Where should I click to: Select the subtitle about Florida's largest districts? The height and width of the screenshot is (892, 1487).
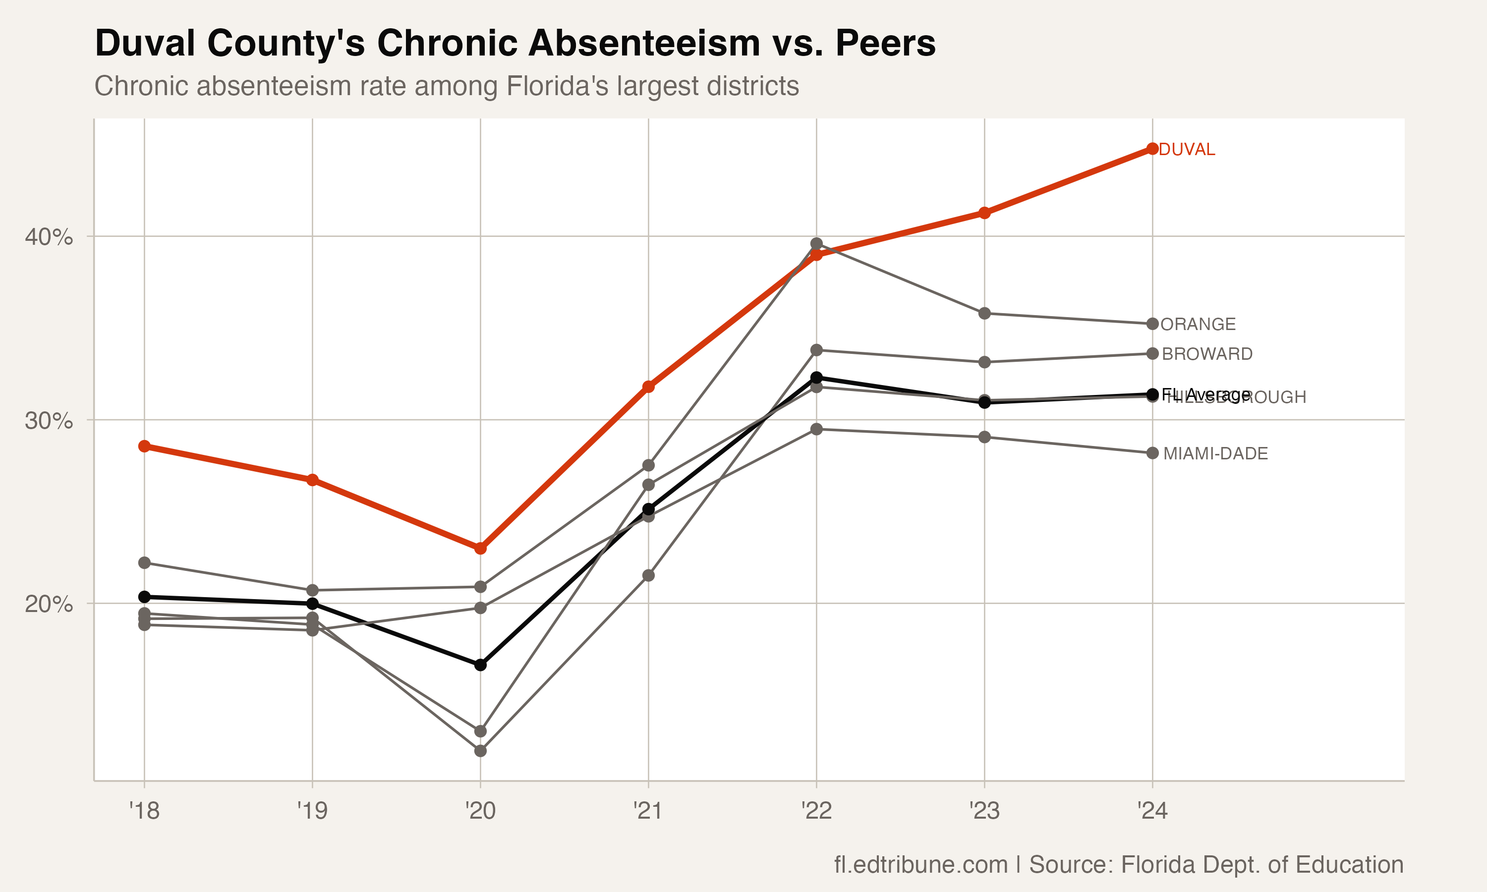pos(447,86)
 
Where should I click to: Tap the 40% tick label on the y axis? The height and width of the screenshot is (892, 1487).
pos(49,237)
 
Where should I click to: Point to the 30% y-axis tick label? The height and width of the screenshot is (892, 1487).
pos(49,421)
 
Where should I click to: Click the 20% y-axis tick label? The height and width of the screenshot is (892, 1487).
pos(49,604)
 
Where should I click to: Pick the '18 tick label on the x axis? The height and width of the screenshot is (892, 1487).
pos(144,811)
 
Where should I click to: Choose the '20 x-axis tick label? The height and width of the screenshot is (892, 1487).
pos(480,811)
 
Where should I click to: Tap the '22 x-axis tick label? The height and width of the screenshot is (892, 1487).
pos(816,811)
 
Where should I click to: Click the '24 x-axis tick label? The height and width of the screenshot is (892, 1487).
pos(1152,811)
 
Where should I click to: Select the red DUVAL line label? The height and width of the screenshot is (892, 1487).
pos(1187,150)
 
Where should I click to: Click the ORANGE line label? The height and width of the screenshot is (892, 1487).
pos(1198,325)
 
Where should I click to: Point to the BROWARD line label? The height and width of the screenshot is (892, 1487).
pos(1207,354)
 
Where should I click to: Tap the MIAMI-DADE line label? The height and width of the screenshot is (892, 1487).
pos(1215,454)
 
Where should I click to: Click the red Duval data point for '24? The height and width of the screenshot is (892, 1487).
pos(1152,149)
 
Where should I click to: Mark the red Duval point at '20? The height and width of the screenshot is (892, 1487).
pos(480,548)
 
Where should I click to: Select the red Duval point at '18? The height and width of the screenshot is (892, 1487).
pos(144,446)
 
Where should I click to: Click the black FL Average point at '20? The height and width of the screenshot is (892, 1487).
pos(480,665)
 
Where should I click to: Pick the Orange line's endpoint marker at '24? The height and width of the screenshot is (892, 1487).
pos(1152,324)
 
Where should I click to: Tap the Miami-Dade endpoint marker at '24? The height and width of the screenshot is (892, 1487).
pos(1152,453)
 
